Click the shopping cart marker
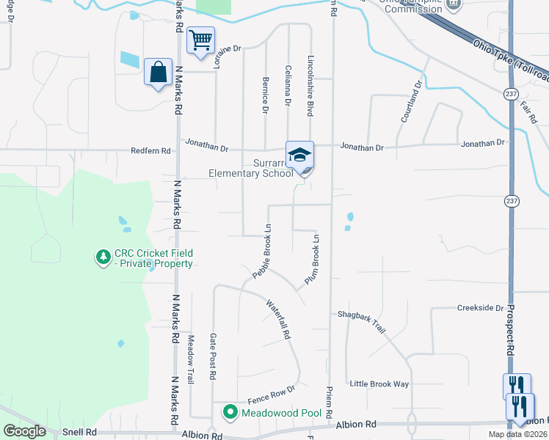click(x=200, y=40)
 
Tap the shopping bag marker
click(x=158, y=72)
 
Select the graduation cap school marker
click(x=299, y=155)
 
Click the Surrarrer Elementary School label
click(x=251, y=168)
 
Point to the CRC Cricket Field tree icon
click(x=103, y=257)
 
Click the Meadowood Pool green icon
click(x=230, y=413)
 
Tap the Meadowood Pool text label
click(x=282, y=413)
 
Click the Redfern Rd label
click(x=150, y=150)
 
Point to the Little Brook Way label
click(x=379, y=384)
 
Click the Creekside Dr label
click(x=480, y=309)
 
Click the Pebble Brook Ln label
click(x=262, y=251)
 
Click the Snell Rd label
click(x=79, y=432)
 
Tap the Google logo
click(x=25, y=431)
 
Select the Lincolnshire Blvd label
click(x=310, y=86)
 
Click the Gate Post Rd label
click(x=213, y=356)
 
